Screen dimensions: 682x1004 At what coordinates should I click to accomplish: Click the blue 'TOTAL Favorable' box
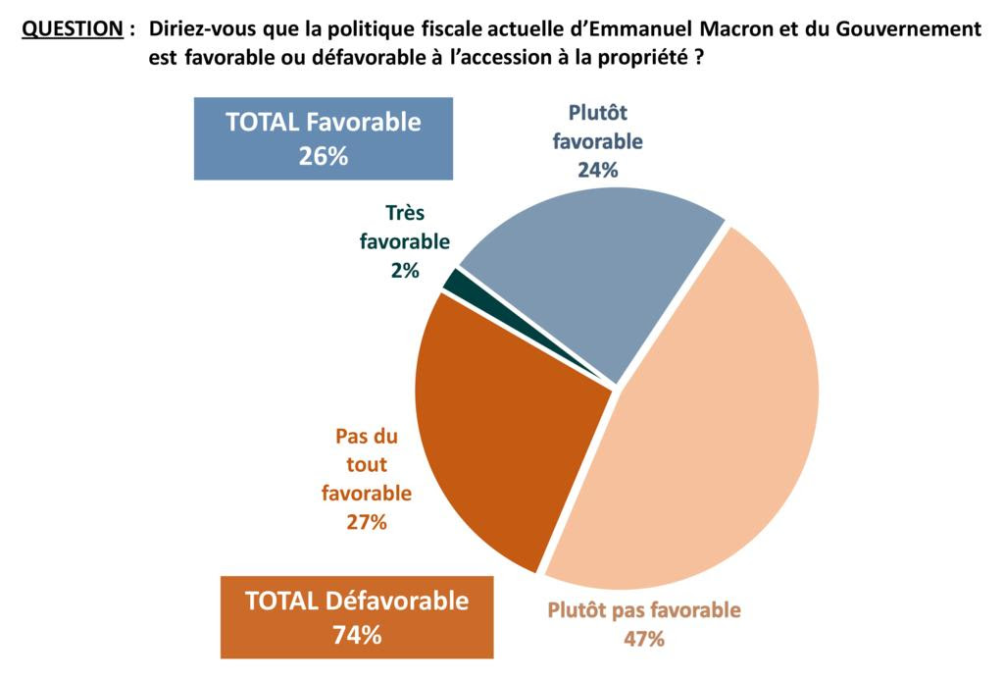(323, 138)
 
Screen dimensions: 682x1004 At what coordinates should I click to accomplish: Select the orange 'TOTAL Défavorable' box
(357, 616)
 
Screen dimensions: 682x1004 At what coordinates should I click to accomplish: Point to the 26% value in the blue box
(323, 155)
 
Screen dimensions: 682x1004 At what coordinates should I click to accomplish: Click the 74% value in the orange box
(357, 635)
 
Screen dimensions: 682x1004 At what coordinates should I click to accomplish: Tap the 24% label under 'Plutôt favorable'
(598, 170)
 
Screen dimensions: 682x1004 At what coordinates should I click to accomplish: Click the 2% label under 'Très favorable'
(405, 270)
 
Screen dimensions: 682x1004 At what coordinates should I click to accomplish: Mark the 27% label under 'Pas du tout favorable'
(367, 522)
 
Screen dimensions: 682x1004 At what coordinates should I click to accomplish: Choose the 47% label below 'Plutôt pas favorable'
(644, 639)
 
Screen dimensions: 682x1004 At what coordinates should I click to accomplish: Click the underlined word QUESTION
(72, 29)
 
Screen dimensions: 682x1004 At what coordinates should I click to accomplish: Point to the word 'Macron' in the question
(732, 29)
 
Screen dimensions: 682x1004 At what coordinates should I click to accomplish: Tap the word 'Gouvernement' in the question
(911, 29)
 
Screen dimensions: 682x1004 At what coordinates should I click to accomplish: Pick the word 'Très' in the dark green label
(405, 212)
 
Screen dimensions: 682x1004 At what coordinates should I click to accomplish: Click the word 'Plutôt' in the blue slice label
(598, 113)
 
